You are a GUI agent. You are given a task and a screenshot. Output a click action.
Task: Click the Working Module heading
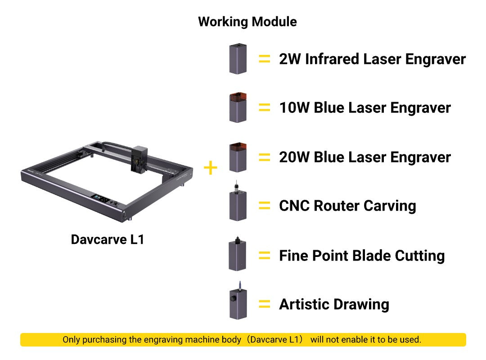[x=247, y=22]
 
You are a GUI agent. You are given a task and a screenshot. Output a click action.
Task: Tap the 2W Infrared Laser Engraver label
[x=372, y=59]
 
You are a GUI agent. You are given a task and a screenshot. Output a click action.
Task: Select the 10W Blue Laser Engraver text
[x=364, y=108]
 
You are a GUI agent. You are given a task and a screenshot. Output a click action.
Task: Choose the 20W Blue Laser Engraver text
[x=364, y=157]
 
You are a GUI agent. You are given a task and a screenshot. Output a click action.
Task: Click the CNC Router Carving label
[x=347, y=206]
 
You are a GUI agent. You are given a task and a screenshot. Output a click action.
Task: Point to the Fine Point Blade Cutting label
[x=362, y=256]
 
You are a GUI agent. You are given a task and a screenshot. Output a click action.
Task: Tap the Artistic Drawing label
[x=334, y=304]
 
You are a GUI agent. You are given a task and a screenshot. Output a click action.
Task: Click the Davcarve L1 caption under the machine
[x=108, y=239]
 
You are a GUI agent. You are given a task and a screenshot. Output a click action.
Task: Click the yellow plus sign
[x=211, y=168]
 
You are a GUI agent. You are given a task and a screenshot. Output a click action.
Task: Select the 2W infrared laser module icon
[x=238, y=59]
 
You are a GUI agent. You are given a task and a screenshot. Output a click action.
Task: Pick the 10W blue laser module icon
[x=238, y=108]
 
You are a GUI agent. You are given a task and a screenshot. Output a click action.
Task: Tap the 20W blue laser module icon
[x=238, y=157]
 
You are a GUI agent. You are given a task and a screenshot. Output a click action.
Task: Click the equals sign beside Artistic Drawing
[x=265, y=304]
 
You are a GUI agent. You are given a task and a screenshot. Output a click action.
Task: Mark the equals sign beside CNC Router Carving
[x=265, y=206]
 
